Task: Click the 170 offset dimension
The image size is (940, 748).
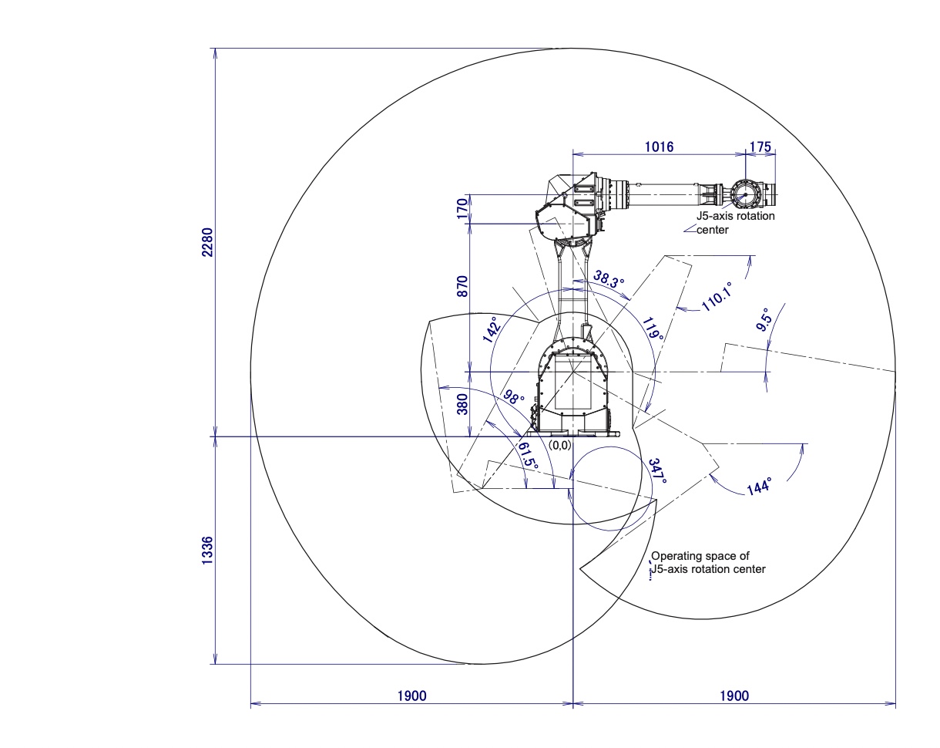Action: click(462, 209)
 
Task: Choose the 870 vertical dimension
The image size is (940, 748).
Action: click(462, 285)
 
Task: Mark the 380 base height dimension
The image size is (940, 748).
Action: click(462, 404)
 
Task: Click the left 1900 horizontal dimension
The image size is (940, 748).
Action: click(411, 696)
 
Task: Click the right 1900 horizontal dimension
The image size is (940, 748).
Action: click(734, 696)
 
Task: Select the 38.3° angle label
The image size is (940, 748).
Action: click(609, 278)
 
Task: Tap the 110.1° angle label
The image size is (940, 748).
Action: click(717, 296)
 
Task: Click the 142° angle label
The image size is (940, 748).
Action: click(490, 330)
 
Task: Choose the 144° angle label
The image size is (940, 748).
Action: click(758, 486)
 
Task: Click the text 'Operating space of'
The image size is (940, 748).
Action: click(700, 555)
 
